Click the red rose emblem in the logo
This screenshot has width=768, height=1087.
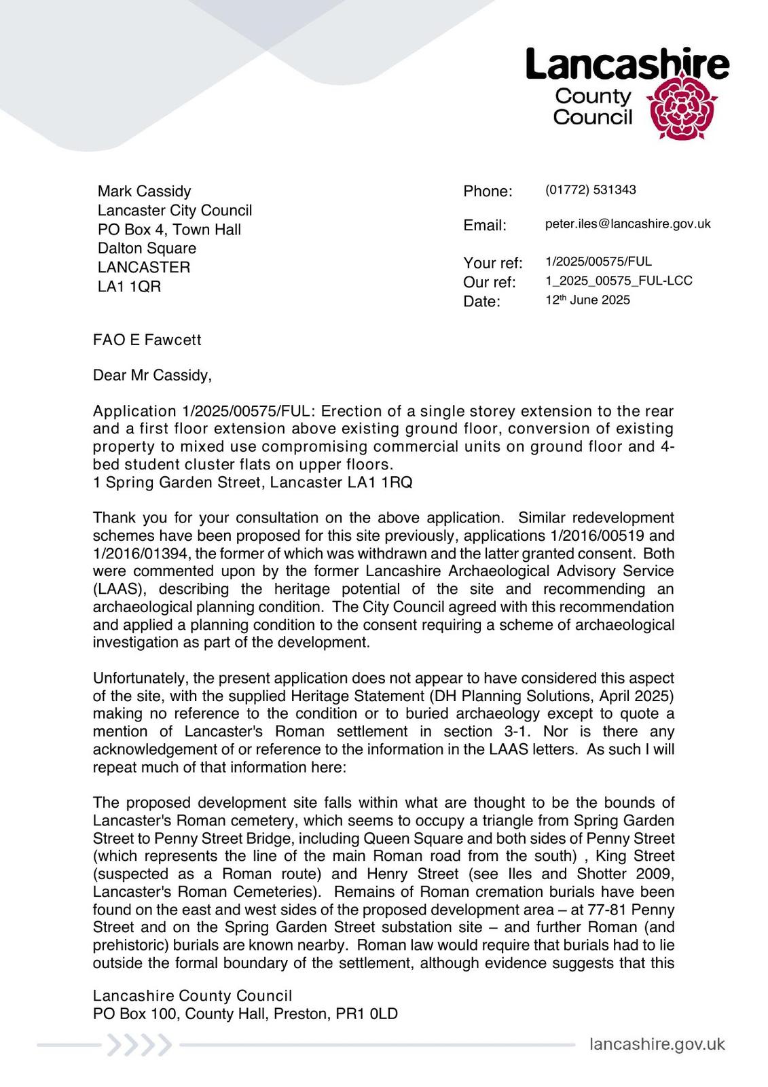point(681,107)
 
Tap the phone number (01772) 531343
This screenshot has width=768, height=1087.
point(590,190)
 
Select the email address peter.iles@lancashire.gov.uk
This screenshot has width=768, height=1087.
point(627,224)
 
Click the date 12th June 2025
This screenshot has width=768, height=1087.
point(587,300)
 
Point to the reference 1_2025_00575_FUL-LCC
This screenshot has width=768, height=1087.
point(619,281)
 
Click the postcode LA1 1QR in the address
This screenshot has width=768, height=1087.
point(129,287)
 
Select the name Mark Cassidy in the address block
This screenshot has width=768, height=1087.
point(144,191)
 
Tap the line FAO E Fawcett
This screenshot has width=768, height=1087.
point(147,340)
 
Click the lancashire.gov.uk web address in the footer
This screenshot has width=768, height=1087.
point(657,1044)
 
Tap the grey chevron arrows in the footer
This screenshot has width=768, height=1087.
point(140,1045)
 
